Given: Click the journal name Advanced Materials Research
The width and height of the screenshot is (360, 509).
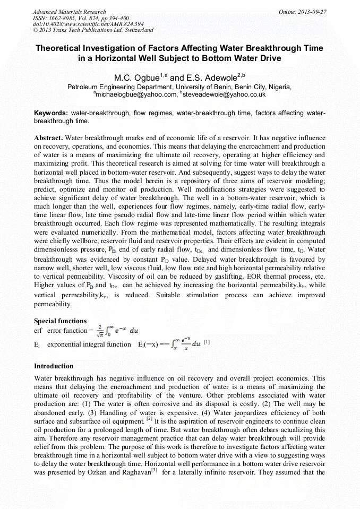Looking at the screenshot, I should click(69, 12).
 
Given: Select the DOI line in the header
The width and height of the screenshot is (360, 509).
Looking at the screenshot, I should click(88, 24).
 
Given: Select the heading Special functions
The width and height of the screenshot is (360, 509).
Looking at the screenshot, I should click(60, 321).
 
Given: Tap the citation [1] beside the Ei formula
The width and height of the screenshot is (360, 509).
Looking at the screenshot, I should click(207, 342).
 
